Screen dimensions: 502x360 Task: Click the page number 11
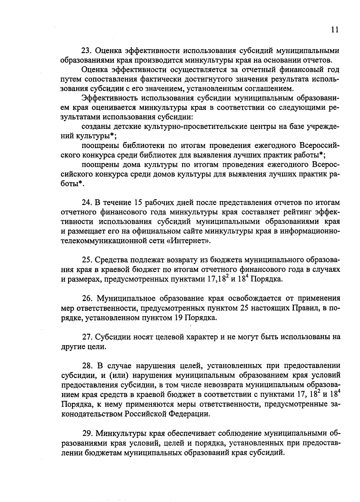tap(335, 30)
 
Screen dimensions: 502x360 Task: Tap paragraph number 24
tap(87, 203)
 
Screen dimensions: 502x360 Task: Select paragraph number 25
tap(87, 260)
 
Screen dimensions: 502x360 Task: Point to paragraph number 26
tap(87, 299)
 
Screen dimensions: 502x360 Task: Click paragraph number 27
tap(87, 337)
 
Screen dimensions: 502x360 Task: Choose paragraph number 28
tap(87, 366)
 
